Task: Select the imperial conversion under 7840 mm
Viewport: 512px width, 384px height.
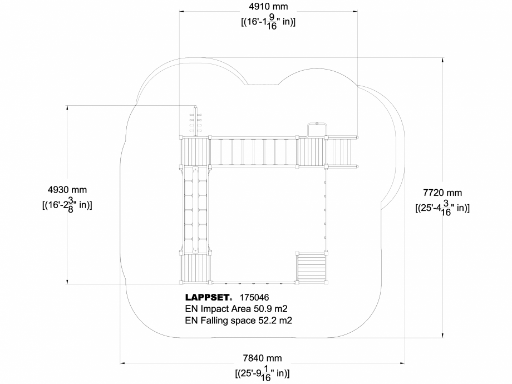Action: [262, 373]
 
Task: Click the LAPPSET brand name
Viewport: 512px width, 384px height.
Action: [208, 298]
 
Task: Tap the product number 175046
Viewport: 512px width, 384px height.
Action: [253, 298]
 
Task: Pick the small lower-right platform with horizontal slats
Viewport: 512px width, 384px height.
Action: [312, 268]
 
